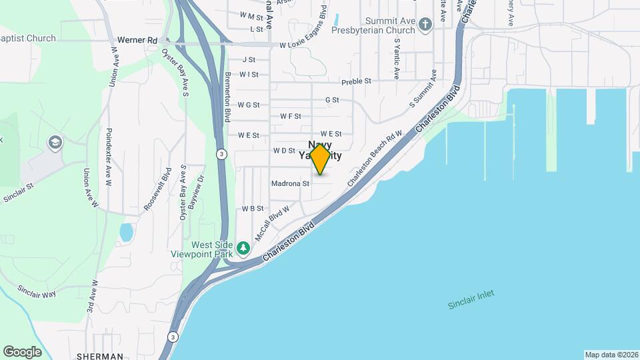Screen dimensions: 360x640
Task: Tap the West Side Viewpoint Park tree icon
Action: [x=244, y=249]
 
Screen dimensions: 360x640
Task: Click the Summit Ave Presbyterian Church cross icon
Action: [x=425, y=22]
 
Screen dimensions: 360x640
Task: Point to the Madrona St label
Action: [x=291, y=183]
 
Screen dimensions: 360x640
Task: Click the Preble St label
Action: [x=356, y=82]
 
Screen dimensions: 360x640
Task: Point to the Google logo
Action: [x=22, y=351]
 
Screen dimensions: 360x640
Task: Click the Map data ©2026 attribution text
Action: [x=611, y=355]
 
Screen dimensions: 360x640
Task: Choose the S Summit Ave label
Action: [x=423, y=88]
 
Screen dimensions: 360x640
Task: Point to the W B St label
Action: [x=253, y=209]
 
